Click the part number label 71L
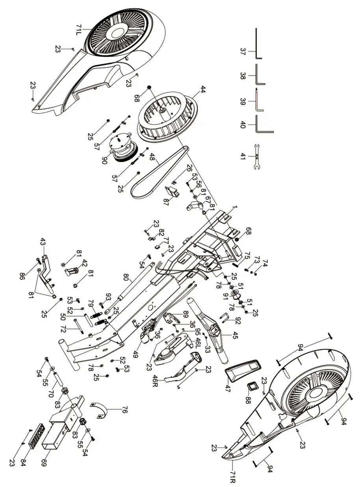click(78, 30)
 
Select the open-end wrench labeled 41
click(257, 156)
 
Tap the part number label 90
click(105, 160)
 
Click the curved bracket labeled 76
click(101, 410)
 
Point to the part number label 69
click(44, 462)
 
